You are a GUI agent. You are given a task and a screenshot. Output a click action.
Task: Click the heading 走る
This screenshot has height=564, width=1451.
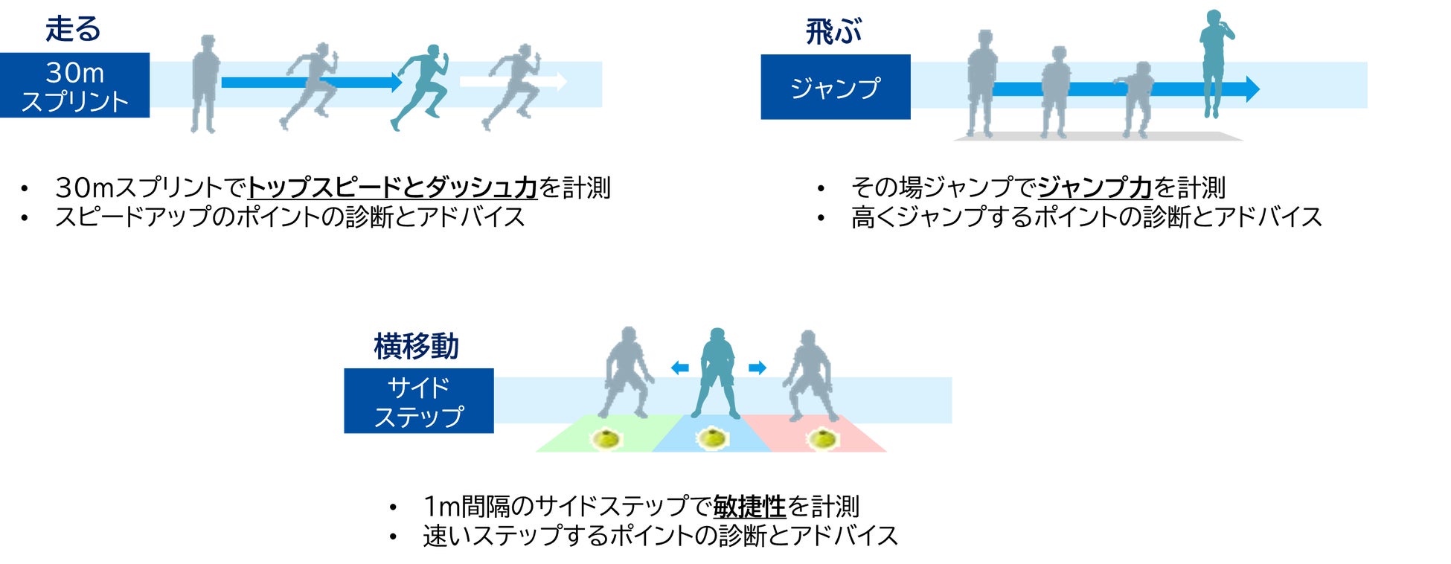[72, 29]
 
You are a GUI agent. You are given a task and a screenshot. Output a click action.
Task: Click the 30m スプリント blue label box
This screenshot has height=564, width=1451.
[74, 86]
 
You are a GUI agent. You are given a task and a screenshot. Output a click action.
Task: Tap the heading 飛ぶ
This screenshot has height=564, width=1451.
[833, 32]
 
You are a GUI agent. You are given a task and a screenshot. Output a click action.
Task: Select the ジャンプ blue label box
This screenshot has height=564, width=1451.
[835, 87]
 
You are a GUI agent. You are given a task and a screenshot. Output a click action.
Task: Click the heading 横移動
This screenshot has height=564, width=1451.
[416, 347]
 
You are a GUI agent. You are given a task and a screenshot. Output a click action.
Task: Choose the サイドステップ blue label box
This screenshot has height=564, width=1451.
[418, 401]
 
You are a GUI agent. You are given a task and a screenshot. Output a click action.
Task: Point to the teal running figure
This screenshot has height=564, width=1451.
[421, 86]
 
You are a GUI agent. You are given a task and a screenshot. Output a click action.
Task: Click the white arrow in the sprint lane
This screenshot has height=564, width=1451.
[513, 81]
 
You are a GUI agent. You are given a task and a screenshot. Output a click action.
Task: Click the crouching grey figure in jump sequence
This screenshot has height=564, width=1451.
[1136, 98]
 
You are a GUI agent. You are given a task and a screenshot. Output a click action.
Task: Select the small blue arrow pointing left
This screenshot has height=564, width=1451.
[679, 368]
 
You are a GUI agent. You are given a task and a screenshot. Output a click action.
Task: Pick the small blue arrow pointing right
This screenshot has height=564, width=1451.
[757, 368]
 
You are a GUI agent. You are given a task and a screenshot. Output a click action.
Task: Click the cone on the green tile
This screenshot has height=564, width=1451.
[606, 439]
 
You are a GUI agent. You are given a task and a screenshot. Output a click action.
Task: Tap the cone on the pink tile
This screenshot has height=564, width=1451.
[822, 439]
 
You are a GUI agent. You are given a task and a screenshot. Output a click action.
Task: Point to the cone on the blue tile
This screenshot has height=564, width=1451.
[712, 439]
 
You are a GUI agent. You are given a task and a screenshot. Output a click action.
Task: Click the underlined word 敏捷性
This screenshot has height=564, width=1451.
[749, 507]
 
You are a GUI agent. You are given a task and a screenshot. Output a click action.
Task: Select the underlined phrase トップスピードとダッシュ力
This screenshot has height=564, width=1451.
[391, 188]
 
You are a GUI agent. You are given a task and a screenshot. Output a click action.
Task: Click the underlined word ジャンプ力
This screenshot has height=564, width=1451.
[1095, 188]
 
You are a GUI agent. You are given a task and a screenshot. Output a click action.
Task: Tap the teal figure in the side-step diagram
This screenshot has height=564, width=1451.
[716, 372]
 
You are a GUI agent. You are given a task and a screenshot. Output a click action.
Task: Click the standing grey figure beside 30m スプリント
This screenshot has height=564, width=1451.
[205, 83]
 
